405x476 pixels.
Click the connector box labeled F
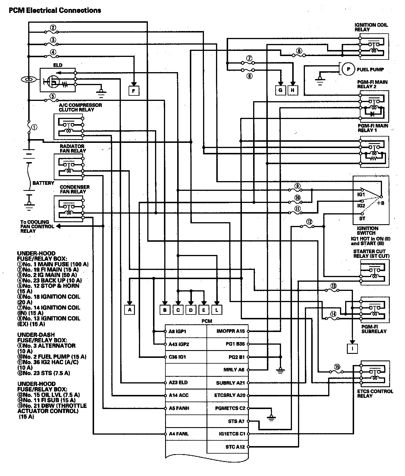pos(134,91)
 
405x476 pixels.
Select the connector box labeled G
pos(280,90)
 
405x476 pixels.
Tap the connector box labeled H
pos(293,90)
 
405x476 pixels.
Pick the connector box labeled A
pos(130,310)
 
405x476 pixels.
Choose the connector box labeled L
pos(217,310)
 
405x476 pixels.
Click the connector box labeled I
pos(352,348)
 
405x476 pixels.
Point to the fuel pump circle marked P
pos(349,69)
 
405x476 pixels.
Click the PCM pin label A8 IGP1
pos(177,331)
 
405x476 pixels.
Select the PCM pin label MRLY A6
pos(234,370)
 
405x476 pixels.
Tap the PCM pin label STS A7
pos(236,421)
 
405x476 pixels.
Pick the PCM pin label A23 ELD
pos(178,383)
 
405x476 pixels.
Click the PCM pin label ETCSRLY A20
pos(230,395)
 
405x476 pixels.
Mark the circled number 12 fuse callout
pos(309,222)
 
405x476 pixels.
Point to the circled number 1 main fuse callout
pos(35,127)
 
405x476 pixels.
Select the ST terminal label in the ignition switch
pos(362,218)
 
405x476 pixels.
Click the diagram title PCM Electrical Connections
pos(55,11)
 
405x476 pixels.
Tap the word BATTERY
pos(43,183)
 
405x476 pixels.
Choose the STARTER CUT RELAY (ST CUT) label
pos(371,254)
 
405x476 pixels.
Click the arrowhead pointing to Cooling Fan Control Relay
pos(58,226)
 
